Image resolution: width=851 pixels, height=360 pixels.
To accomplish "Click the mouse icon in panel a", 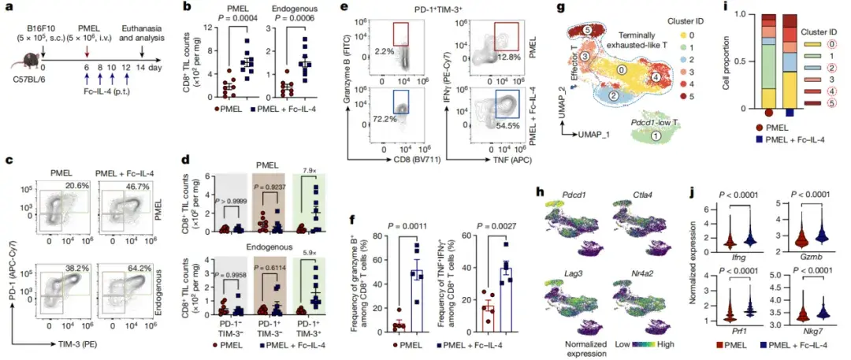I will tap(23, 56).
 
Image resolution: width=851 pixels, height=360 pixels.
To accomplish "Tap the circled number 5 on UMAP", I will tap(589, 30).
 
